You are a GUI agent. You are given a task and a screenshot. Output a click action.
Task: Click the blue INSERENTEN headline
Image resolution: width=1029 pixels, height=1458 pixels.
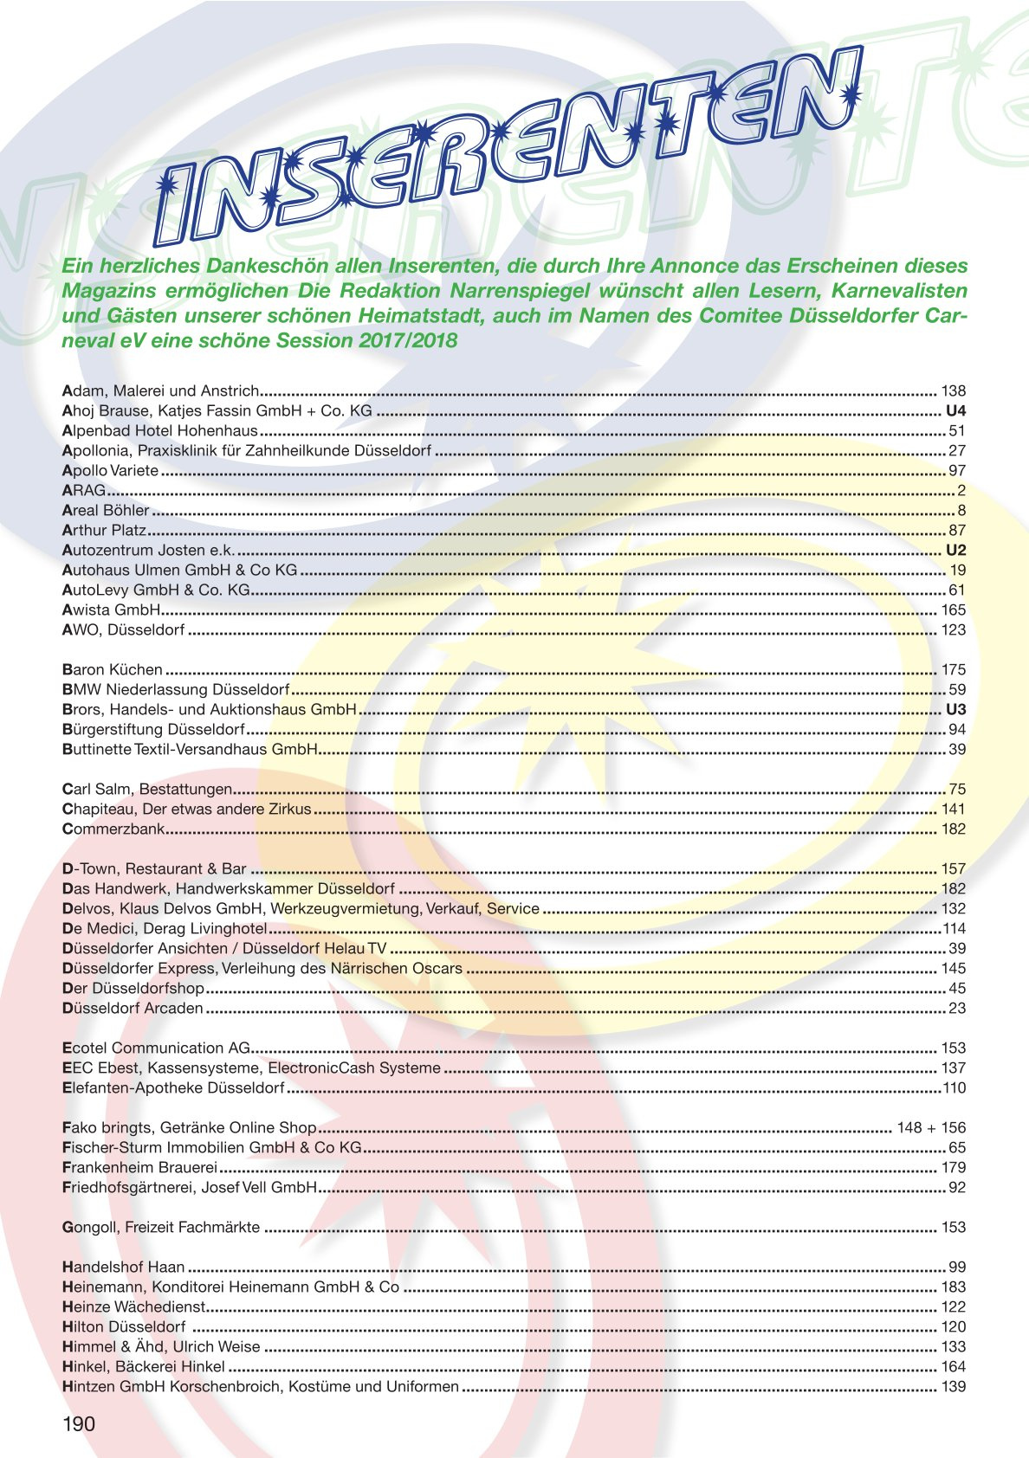(511, 152)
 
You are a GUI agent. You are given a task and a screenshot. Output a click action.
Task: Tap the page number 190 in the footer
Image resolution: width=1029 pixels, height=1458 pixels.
(79, 1424)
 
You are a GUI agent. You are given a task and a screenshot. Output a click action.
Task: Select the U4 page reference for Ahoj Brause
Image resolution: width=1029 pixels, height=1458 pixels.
(955, 410)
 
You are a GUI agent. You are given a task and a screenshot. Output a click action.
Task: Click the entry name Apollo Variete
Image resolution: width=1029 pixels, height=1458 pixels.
(111, 470)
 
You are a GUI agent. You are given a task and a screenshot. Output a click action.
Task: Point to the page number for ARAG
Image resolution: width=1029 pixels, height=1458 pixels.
(961, 490)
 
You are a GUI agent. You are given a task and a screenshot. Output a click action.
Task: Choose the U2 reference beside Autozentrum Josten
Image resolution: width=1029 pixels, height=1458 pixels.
(955, 550)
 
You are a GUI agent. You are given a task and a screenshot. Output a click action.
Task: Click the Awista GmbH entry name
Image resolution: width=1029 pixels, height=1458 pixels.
(112, 610)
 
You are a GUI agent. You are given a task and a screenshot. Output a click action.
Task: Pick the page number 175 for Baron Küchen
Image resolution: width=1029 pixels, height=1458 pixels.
(953, 669)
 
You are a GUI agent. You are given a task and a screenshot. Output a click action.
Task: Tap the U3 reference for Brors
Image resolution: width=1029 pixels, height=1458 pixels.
(955, 709)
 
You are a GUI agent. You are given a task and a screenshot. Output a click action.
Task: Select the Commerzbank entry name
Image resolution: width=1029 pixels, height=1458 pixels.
(113, 829)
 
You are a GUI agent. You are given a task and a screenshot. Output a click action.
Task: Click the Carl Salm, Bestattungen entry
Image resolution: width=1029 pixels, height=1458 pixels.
(147, 789)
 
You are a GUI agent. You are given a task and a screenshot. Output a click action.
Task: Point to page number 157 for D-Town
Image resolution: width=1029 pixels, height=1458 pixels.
(953, 868)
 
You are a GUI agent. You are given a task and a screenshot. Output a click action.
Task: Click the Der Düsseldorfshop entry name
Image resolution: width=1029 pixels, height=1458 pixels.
(133, 988)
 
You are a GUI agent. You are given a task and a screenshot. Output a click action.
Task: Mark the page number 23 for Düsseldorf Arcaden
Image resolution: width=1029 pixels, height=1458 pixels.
(957, 1008)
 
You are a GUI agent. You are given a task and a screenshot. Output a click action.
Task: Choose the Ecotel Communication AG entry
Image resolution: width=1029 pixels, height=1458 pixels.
(156, 1048)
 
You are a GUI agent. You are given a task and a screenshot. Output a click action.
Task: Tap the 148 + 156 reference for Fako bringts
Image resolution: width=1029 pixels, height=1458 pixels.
(931, 1127)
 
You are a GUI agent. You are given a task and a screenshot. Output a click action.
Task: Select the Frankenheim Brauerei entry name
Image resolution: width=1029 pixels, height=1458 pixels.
(139, 1167)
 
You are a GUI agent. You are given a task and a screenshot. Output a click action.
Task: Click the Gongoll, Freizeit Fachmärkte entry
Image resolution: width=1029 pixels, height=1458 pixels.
(161, 1227)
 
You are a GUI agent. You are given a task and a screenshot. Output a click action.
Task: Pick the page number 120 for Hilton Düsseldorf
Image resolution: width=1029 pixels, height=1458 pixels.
(953, 1326)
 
